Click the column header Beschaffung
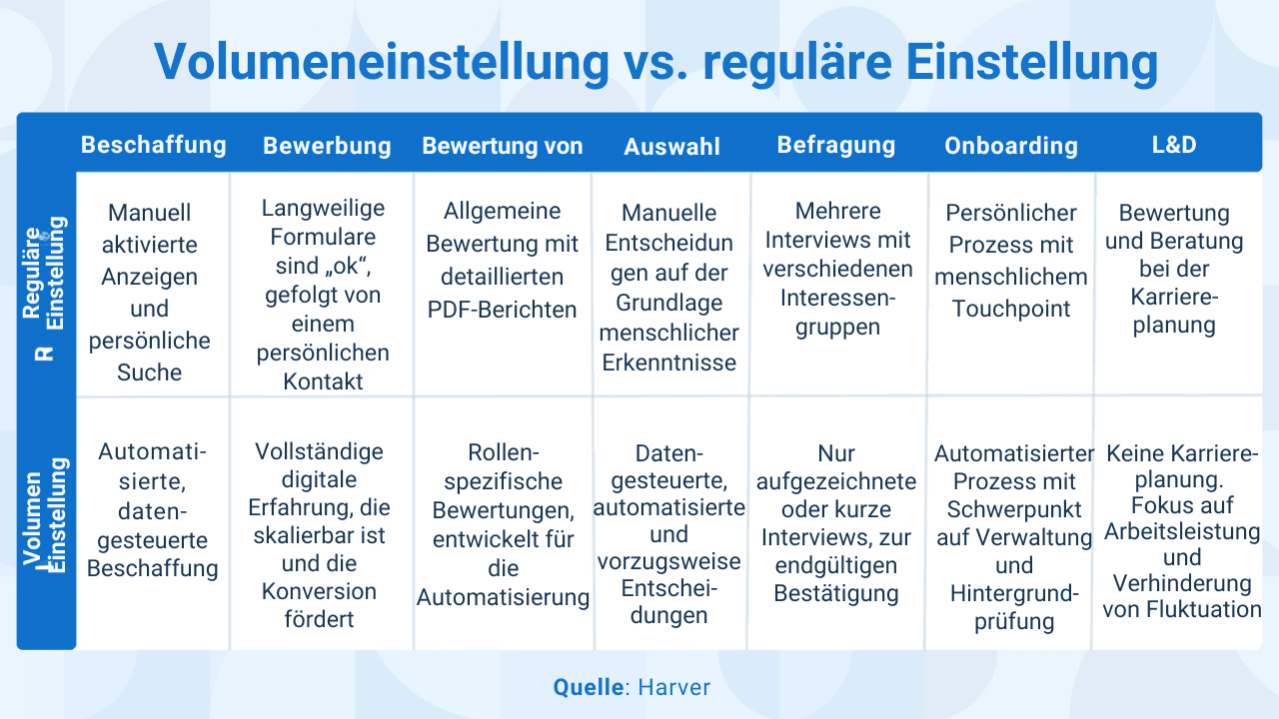[153, 145]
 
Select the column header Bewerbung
[327, 146]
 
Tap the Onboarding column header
[1010, 146]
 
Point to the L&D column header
[1173, 145]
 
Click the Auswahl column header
[671, 147]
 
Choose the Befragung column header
[835, 145]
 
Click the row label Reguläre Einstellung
[45, 285]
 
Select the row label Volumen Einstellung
[45, 519]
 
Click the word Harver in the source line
[674, 687]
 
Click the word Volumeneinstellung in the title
[381, 62]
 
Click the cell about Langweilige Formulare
[323, 294]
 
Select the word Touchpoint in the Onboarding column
[1010, 309]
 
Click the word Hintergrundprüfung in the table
[1014, 607]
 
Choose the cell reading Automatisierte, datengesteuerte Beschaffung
[153, 510]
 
